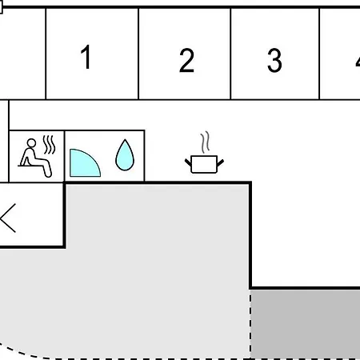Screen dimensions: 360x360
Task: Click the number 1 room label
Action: coord(86,57)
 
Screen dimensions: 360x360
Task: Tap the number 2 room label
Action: coord(186,60)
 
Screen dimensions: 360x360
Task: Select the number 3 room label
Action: coord(274,60)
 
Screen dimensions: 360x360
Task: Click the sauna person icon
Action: coord(35,158)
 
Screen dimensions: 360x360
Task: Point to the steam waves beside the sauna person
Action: coord(49,145)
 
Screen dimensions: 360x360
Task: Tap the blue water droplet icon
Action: coord(125,154)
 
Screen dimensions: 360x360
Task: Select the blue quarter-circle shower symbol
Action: coord(85,163)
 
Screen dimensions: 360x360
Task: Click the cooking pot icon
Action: coord(204,164)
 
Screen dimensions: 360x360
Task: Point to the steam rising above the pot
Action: coord(205,142)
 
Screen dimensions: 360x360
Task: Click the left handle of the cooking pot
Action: coord(188,162)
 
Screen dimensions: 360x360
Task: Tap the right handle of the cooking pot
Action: coord(221,162)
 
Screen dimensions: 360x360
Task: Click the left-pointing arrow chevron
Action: coord(8,218)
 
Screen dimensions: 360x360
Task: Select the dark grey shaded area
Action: coord(306,324)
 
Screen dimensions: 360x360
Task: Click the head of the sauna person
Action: coord(31,143)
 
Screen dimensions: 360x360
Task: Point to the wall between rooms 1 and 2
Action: coord(138,54)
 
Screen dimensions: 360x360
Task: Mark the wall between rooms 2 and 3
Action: coord(230,54)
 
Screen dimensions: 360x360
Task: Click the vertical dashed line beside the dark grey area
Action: coord(250,324)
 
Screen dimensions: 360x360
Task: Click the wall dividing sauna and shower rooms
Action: coord(64,156)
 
